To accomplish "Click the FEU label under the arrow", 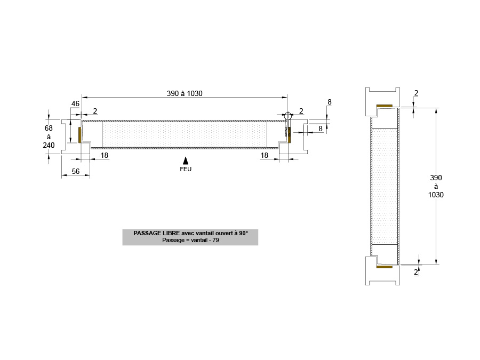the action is [186, 169].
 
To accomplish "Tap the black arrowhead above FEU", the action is [186, 161].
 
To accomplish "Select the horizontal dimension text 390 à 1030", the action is [185, 93].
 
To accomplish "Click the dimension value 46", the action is [75, 104].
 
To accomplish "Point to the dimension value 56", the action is [76, 171].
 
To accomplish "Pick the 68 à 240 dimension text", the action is [49, 137].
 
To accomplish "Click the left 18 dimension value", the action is [105, 156].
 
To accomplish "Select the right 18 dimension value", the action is [264, 156].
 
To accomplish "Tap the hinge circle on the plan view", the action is [288, 116].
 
